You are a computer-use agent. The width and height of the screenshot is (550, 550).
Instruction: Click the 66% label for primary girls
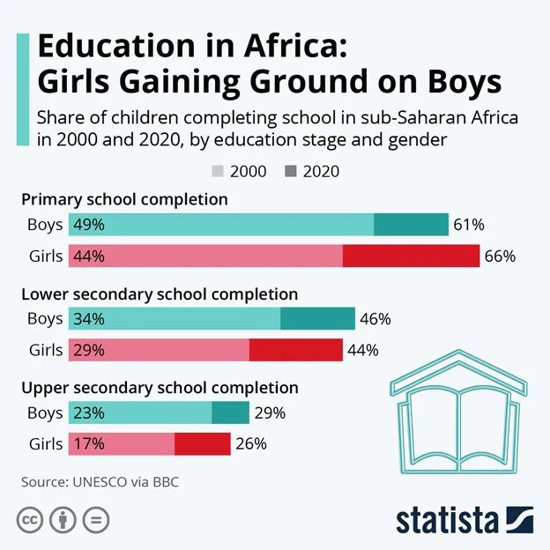499,256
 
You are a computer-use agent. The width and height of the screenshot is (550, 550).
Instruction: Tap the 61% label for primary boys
468,225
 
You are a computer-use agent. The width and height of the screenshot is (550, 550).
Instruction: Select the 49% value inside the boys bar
89,225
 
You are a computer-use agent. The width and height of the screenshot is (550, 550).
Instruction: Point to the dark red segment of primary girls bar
410,256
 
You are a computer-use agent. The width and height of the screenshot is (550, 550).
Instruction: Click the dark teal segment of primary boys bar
411,225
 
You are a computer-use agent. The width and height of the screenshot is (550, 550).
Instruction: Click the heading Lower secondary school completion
160,294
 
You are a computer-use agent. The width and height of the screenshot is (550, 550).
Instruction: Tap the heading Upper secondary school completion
160,388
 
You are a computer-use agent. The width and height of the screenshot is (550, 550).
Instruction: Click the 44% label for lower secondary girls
362,350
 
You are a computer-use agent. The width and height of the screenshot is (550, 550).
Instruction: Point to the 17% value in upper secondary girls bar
89,444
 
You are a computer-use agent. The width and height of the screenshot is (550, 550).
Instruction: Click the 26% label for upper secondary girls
249,444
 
